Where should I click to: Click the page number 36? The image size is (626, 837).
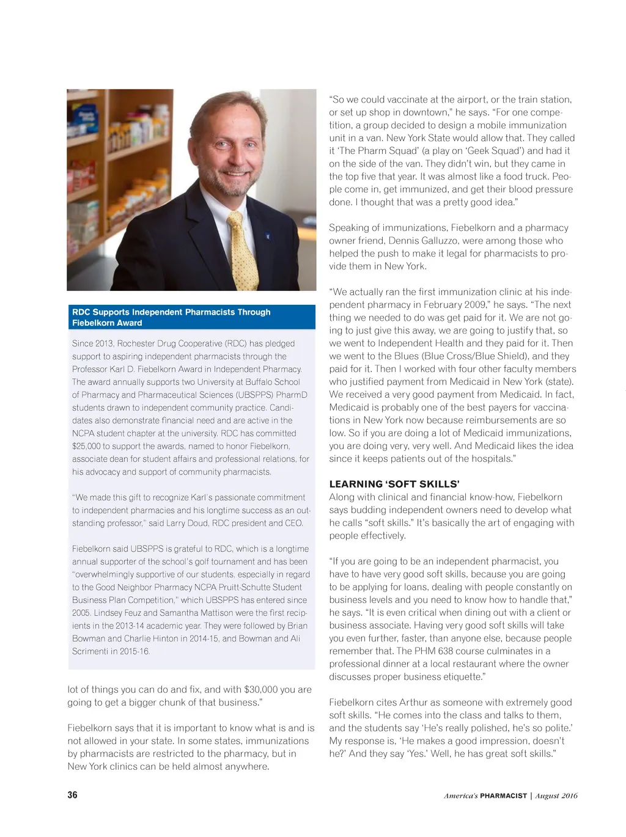tap(72, 795)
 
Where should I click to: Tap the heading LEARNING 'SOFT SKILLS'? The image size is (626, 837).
tap(394, 484)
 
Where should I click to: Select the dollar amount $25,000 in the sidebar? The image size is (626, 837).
tap(86, 446)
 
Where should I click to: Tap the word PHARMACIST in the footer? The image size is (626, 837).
tap(503, 795)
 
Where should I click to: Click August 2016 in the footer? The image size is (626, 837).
tap(556, 795)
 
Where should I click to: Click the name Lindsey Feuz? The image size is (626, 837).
tap(114, 613)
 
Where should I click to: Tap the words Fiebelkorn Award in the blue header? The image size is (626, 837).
tap(107, 323)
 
